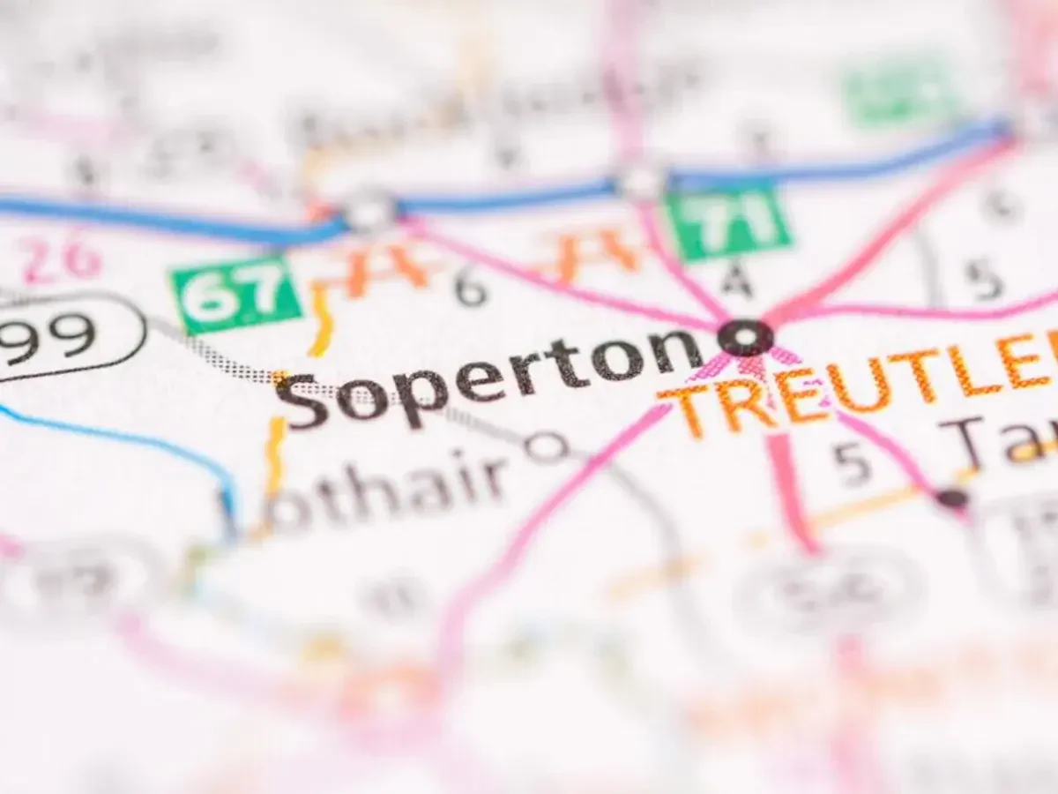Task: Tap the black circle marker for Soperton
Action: [746, 336]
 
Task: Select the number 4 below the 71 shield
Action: [736, 281]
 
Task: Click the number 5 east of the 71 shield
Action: [982, 281]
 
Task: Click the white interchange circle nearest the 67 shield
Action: [369, 211]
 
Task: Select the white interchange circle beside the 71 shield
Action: [641, 182]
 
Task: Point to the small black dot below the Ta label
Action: [951, 498]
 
